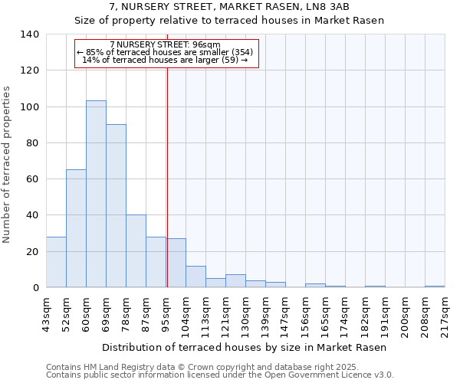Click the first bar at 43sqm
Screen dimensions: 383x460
tap(56, 262)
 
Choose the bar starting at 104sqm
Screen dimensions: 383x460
tap(195, 277)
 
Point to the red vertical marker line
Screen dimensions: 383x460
tap(166, 176)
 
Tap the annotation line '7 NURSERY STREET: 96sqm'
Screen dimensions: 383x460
tap(166, 44)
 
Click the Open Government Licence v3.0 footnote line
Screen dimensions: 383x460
tap(220, 375)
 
